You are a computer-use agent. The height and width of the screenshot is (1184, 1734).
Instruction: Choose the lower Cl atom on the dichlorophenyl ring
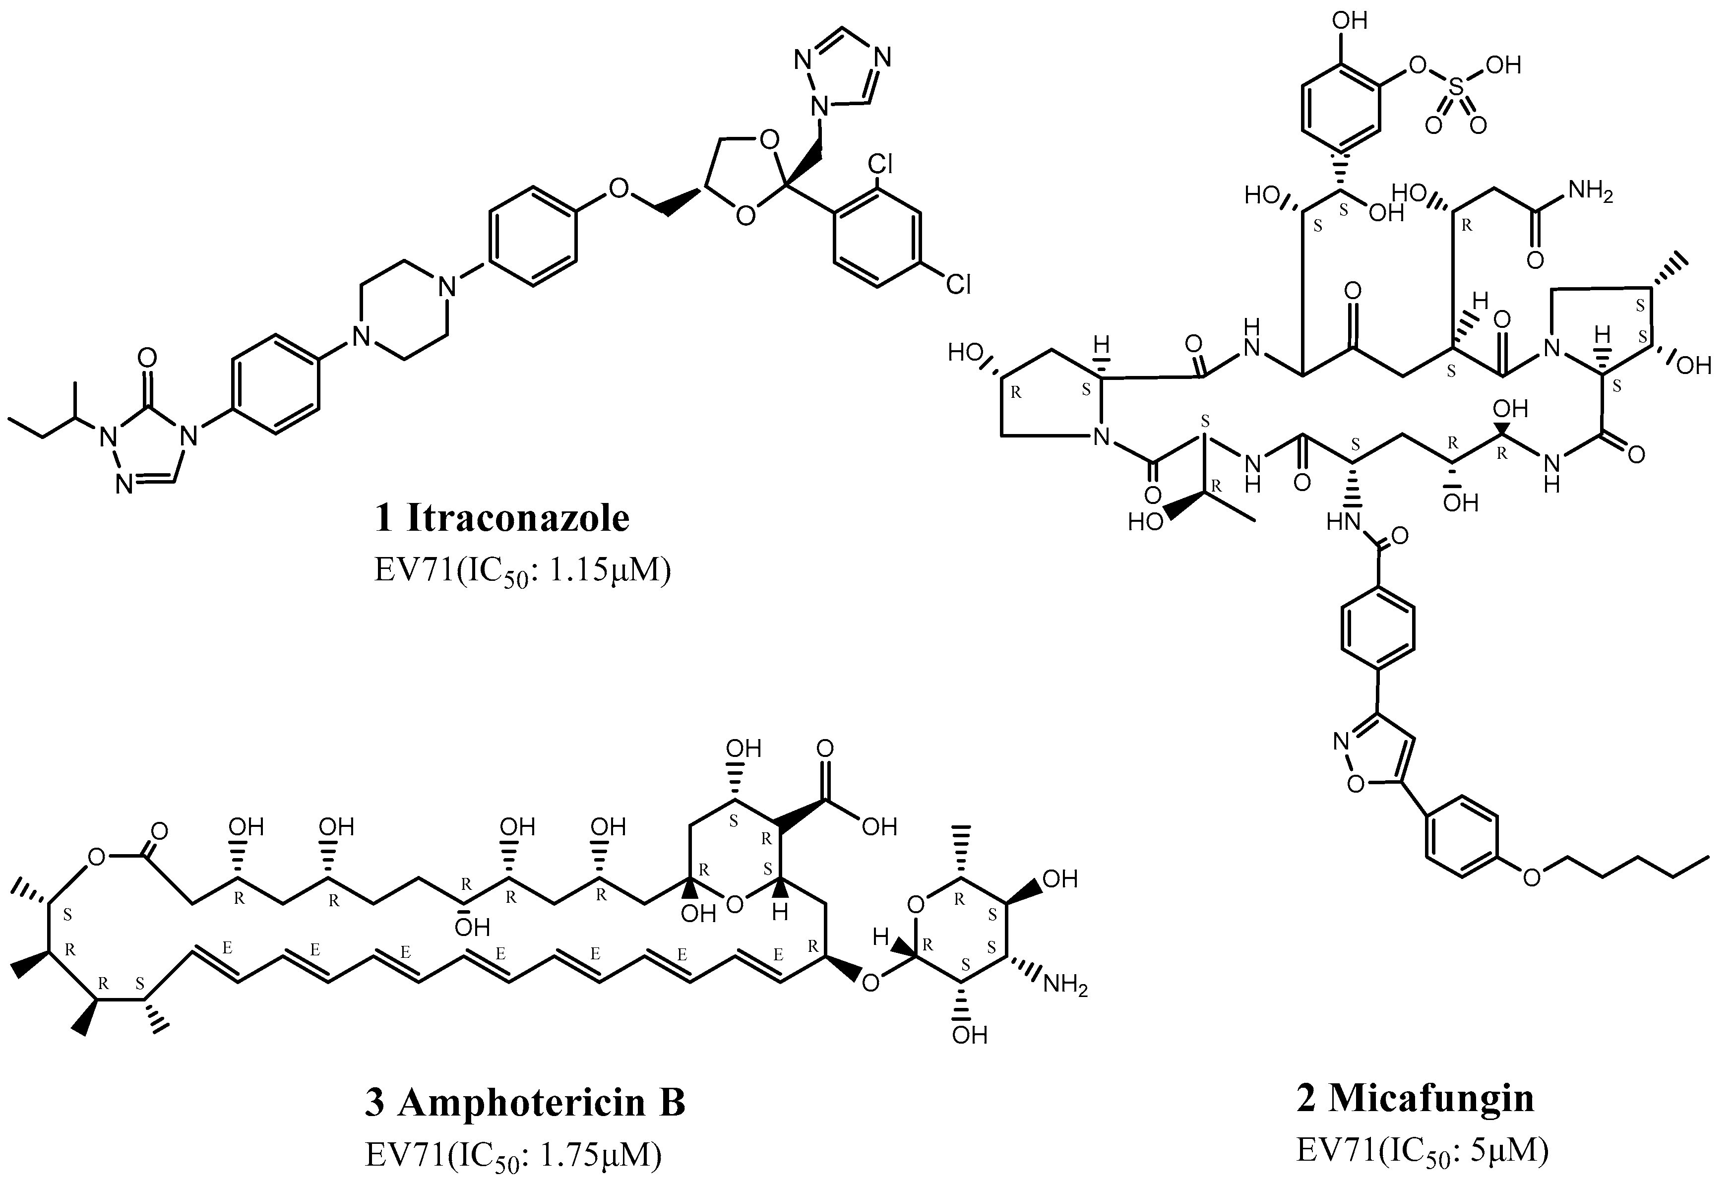[958, 284]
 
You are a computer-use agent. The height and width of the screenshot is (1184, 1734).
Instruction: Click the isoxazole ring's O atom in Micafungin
[1357, 783]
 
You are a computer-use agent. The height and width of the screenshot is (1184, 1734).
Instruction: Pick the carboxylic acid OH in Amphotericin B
[879, 827]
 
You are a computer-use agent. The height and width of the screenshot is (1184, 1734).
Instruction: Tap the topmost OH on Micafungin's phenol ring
[1349, 20]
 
